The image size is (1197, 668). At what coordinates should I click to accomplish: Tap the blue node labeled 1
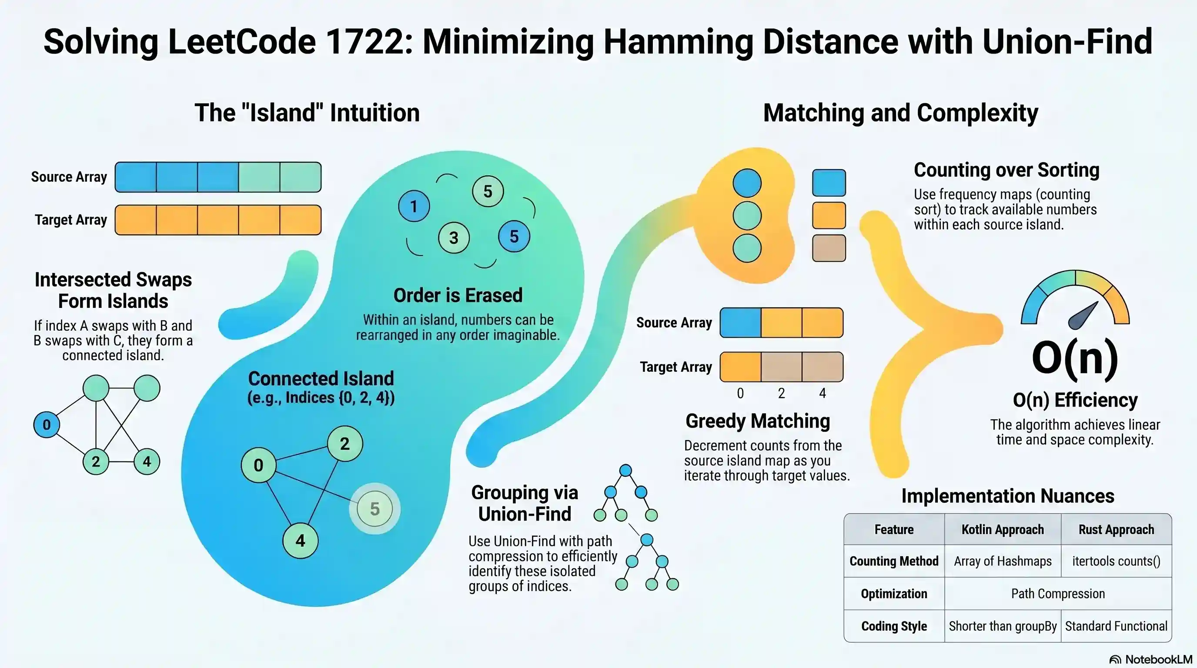(x=414, y=206)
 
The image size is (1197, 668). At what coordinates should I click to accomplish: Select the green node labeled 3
(x=454, y=238)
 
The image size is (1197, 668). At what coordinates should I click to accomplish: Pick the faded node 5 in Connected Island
(x=374, y=509)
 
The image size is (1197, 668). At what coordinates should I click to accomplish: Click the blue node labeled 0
(x=47, y=424)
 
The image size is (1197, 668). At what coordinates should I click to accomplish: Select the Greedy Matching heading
(x=757, y=421)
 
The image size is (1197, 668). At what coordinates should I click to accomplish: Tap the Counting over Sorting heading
(x=1006, y=170)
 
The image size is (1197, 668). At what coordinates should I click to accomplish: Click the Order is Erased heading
(x=458, y=295)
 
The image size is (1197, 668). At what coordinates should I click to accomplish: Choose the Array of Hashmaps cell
(x=1002, y=561)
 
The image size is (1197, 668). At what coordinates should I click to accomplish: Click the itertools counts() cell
(x=1116, y=561)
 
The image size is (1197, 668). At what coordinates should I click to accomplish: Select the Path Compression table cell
(x=1058, y=594)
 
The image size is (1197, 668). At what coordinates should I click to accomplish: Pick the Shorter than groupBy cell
(x=1002, y=626)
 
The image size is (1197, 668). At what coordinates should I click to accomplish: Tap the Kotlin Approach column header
(x=1002, y=530)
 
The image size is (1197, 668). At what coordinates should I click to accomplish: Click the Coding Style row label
(x=893, y=626)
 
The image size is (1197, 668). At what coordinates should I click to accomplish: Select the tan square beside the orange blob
(x=829, y=248)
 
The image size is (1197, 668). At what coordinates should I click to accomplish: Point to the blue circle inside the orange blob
(x=747, y=183)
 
